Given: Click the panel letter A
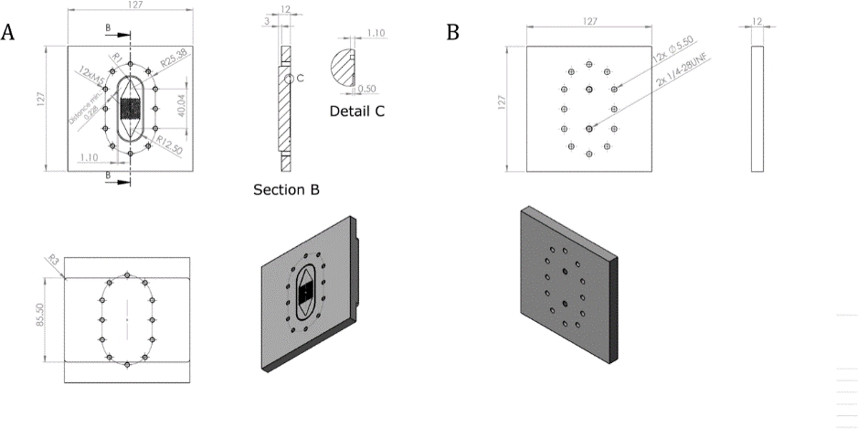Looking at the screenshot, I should pyautogui.click(x=8, y=33).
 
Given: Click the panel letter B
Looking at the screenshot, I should pyautogui.click(x=453, y=33).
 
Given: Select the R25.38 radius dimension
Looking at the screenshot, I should pyautogui.click(x=173, y=65).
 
